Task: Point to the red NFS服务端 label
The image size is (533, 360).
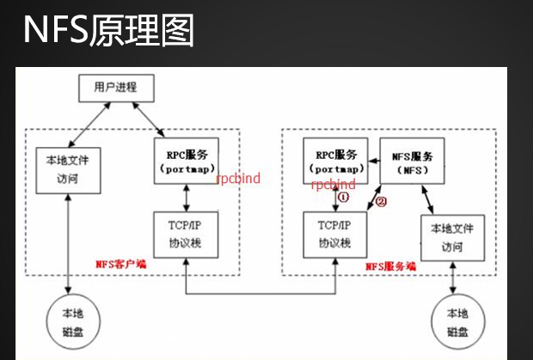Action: pos(390,267)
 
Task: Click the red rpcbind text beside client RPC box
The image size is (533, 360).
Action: pos(237,179)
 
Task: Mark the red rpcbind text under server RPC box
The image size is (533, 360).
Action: pos(334,184)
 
